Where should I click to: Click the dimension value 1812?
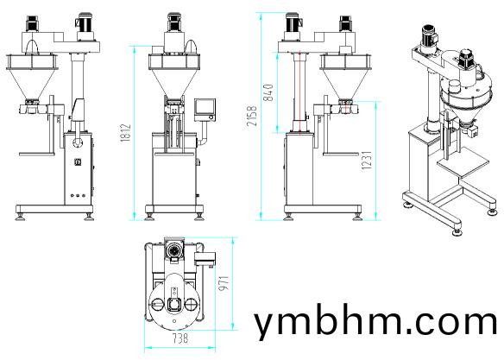(126, 132)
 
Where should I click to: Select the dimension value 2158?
(252, 116)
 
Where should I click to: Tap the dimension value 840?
(268, 92)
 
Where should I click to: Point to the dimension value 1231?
(367, 161)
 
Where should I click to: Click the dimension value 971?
(224, 283)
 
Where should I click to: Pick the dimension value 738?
(180, 338)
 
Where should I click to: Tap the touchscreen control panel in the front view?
(205, 110)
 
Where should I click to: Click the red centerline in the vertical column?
(299, 92)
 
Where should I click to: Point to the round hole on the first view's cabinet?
(78, 142)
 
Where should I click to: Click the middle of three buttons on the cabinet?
(78, 195)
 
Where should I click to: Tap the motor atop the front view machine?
(173, 22)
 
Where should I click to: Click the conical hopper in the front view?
(174, 82)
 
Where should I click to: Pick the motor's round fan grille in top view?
(174, 250)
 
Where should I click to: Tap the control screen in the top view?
(205, 259)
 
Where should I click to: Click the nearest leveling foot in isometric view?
(457, 232)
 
